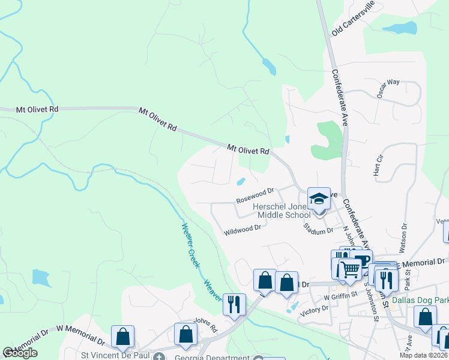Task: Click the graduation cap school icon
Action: pyautogui.click(x=318, y=199)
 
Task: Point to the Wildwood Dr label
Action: pyautogui.click(x=243, y=229)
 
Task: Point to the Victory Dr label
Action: pyautogui.click(x=315, y=309)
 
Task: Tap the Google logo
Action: pyautogui.click(x=20, y=353)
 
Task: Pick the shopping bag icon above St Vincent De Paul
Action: pyautogui.click(x=122, y=337)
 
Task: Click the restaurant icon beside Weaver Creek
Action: pyautogui.click(x=234, y=304)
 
